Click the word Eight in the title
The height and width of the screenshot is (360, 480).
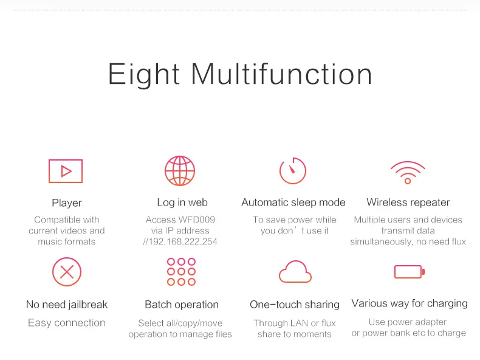pyautogui.click(x=143, y=74)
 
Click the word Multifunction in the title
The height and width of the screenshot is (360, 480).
pyautogui.click(x=282, y=74)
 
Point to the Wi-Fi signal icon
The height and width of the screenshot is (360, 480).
pyautogui.click(x=408, y=181)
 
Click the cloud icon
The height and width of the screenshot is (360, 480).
pyautogui.click(x=295, y=281)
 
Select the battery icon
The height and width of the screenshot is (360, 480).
pyautogui.click(x=395, y=272)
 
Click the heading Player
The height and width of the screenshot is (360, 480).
pyautogui.click(x=67, y=203)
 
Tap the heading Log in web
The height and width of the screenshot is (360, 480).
pyautogui.click(x=182, y=202)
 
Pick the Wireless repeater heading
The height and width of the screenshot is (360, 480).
pyautogui.click(x=408, y=202)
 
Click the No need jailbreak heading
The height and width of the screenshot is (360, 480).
pyautogui.click(x=67, y=304)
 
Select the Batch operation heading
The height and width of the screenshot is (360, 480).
pyautogui.click(x=182, y=305)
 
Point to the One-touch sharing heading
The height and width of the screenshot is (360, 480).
pyautogui.click(x=295, y=305)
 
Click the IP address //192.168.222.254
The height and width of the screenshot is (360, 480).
pyautogui.click(x=180, y=242)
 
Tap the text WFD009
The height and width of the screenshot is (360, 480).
pyautogui.click(x=196, y=220)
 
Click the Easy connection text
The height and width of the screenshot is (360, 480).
pyautogui.click(x=67, y=323)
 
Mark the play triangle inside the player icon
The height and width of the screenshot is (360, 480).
pyautogui.click(x=66, y=171)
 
